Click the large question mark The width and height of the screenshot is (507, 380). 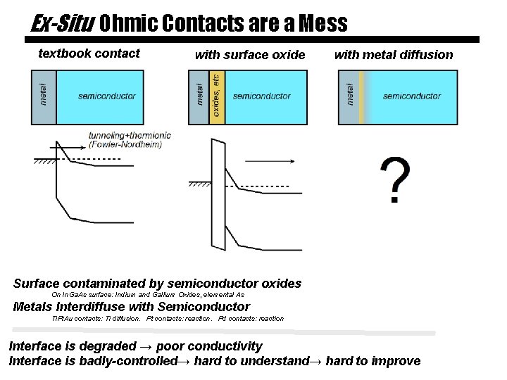(x=395, y=181)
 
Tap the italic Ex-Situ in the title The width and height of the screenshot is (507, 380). (x=62, y=23)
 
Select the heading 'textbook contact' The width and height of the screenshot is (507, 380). (x=89, y=53)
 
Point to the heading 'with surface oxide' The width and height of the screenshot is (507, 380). (x=249, y=55)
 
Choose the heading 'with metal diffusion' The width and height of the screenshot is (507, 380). (x=394, y=55)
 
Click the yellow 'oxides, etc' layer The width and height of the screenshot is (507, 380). (x=217, y=98)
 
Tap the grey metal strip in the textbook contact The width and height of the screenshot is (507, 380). (x=44, y=97)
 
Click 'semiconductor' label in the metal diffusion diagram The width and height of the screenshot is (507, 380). (x=412, y=96)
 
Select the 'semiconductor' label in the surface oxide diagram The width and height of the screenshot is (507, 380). (x=261, y=96)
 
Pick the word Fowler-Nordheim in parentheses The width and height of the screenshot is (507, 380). (x=126, y=145)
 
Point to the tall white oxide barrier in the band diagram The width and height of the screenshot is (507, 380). (x=218, y=194)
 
